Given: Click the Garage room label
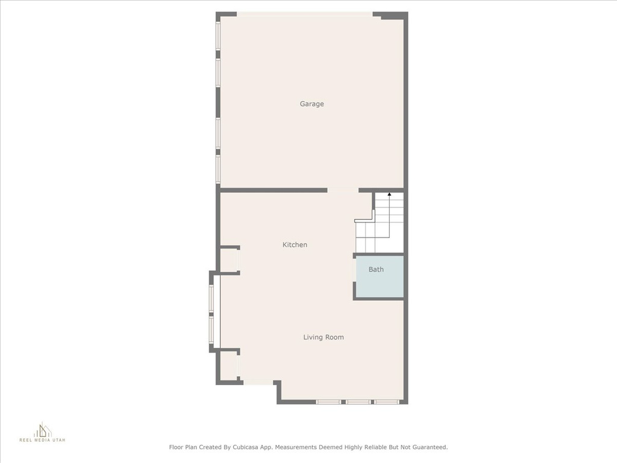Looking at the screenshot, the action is [312, 104].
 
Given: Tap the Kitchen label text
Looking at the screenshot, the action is [295, 245].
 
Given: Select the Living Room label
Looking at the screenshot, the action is [324, 337].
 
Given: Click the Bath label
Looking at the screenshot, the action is [376, 269].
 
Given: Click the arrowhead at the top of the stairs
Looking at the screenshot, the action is [389, 194].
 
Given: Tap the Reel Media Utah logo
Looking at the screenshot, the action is [43, 432].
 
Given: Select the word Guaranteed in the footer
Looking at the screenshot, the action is [428, 447].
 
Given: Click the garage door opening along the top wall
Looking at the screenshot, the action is [304, 14].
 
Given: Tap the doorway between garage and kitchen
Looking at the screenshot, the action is [343, 191].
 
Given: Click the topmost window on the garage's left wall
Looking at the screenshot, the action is [218, 36].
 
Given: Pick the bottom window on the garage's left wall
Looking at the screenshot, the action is [218, 169].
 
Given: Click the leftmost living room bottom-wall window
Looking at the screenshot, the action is [328, 402].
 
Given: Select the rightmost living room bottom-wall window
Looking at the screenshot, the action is [387, 402].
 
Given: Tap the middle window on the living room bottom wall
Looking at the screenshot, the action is [358, 402].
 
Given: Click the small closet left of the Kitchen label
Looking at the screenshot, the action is [229, 260].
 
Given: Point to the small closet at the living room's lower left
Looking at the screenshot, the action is [228, 366].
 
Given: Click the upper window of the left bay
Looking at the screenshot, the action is [211, 299].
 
